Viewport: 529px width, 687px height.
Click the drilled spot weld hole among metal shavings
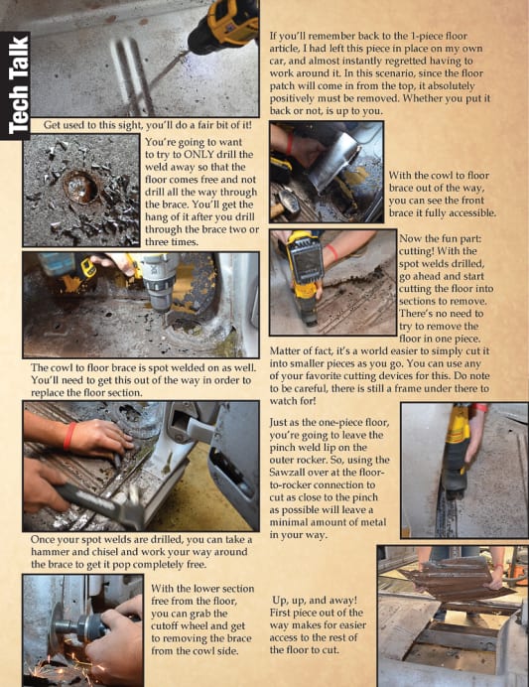tap(81, 187)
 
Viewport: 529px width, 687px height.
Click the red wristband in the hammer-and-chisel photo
tap(69, 437)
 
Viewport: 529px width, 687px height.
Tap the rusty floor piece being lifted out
tap(456, 578)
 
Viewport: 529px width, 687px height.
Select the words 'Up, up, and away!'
tap(315, 601)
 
